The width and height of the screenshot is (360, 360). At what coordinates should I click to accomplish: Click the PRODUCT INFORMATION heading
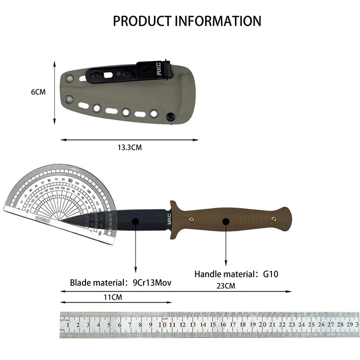pyautogui.click(x=187, y=21)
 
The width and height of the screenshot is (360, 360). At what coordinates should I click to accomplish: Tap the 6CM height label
pyautogui.click(x=38, y=92)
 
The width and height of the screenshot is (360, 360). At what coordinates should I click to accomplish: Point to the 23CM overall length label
pyautogui.click(x=225, y=285)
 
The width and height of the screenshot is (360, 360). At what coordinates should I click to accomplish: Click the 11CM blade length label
pyautogui.click(x=112, y=297)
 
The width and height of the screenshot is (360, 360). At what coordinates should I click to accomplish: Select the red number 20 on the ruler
pyautogui.click(x=263, y=324)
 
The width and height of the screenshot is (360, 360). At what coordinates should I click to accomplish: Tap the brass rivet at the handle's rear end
pyautogui.click(x=274, y=218)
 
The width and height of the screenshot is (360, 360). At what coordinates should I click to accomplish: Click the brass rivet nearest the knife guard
pyautogui.click(x=191, y=219)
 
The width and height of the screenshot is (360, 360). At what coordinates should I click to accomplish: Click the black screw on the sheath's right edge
pyautogui.click(x=171, y=117)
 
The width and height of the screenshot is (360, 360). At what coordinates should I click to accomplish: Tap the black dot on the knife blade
pyautogui.click(x=135, y=220)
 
